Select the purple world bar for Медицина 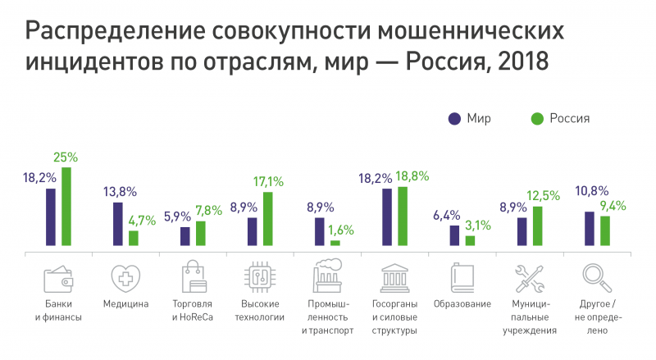click(118, 224)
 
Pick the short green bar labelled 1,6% click(335, 243)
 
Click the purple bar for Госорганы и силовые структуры click(387, 217)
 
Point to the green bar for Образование click(470, 241)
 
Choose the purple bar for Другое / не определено click(589, 229)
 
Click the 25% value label click(66, 157)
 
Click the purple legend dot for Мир click(454, 119)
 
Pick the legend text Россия click(570, 119)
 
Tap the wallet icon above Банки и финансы click(59, 279)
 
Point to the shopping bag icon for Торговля click(194, 278)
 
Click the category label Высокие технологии click(260, 309)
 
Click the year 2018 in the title click(517, 62)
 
